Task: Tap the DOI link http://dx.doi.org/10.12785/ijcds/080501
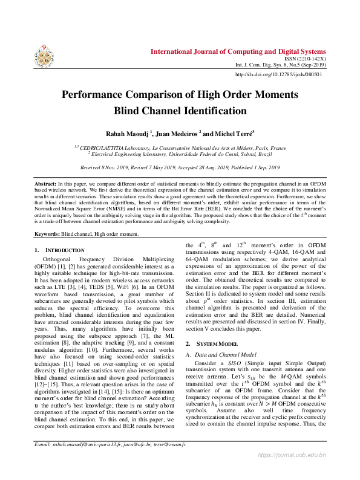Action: [278, 75]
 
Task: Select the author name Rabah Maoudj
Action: [128, 134]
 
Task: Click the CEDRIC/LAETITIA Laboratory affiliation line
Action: [180, 148]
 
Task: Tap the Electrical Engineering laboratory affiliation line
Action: [180, 154]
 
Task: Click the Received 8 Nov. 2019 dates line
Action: [180, 167]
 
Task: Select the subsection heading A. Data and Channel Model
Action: [220, 354]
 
